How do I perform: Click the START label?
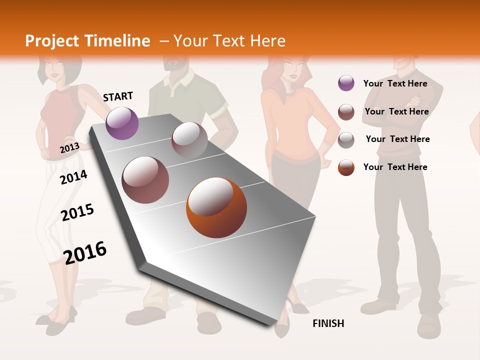(118, 96)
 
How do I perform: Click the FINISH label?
(328, 323)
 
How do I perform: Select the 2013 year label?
(69, 147)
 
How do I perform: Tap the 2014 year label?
(73, 177)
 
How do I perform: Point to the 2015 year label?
(77, 212)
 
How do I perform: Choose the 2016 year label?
(85, 252)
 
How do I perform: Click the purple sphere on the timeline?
(122, 123)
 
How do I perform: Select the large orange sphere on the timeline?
(216, 207)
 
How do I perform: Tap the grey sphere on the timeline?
(189, 139)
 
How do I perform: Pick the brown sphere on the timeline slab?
(145, 179)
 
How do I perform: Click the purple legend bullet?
(346, 83)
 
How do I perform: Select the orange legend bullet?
(346, 167)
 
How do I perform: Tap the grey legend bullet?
(346, 140)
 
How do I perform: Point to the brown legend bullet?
(346, 112)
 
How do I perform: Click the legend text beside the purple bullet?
(395, 83)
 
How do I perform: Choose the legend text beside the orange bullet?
(395, 167)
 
